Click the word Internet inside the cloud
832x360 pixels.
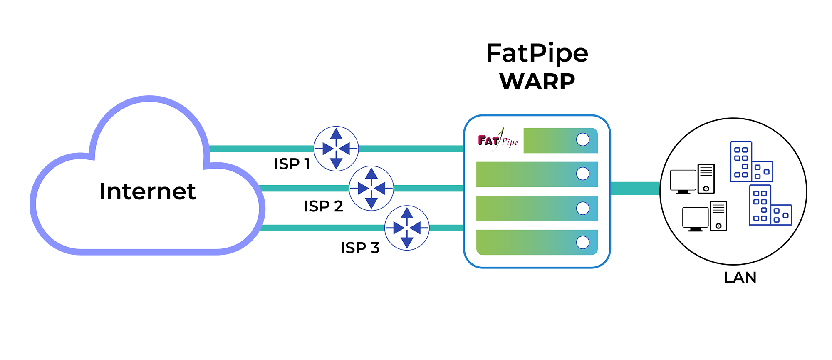coord(147,191)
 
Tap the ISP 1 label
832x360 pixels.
coord(292,164)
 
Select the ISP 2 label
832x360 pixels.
coord(323,206)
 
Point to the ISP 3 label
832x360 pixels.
coord(360,248)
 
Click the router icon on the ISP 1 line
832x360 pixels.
coord(336,149)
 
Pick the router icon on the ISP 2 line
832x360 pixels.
coord(371,188)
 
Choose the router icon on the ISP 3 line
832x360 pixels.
coord(407,228)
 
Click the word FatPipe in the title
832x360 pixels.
coord(537,53)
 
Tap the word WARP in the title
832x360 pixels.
coord(537,81)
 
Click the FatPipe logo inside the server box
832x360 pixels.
coord(498,141)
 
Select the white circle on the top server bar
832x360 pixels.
coord(583,140)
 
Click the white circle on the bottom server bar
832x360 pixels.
coord(583,242)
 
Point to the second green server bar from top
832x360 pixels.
coord(537,174)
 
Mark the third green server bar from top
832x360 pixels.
coord(537,208)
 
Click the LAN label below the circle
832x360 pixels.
coord(740,278)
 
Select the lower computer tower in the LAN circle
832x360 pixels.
coord(718,216)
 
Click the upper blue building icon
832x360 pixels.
coord(751,162)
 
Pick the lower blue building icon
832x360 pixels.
coord(770,206)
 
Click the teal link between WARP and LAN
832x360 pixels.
coord(635,188)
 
